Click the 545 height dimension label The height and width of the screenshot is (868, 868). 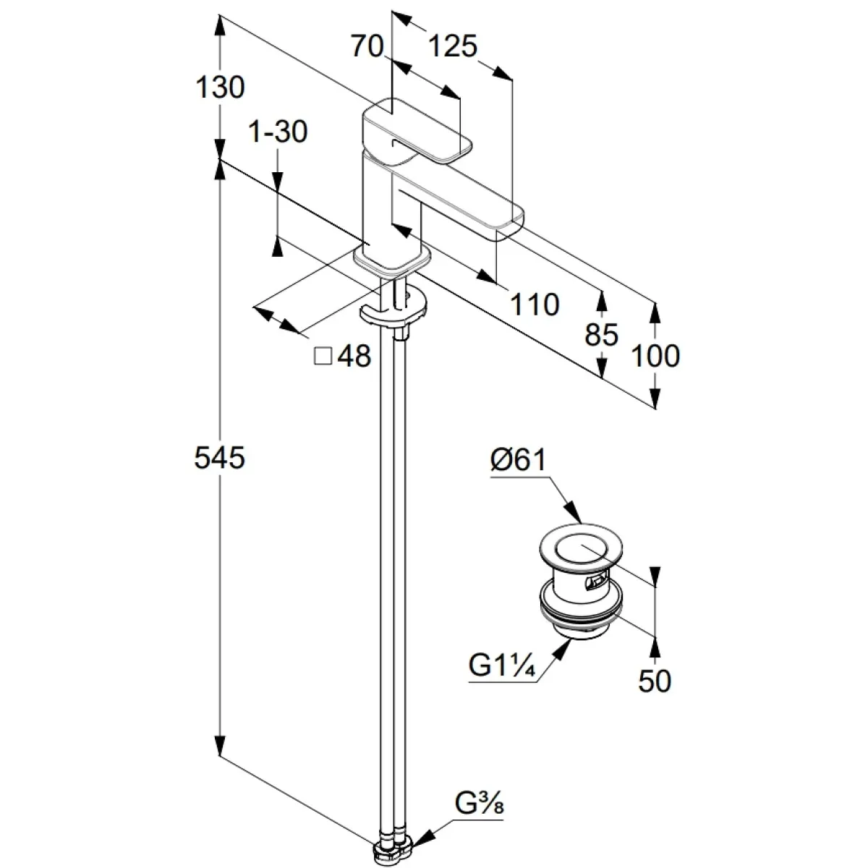pyautogui.click(x=220, y=458)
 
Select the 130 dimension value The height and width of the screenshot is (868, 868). pyautogui.click(x=220, y=88)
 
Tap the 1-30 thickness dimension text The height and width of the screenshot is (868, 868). pyautogui.click(x=278, y=132)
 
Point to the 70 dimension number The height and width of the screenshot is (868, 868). pyautogui.click(x=367, y=48)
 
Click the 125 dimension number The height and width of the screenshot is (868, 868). pyautogui.click(x=454, y=48)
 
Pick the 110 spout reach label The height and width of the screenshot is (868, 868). pyautogui.click(x=535, y=305)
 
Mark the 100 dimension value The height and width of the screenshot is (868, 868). pyautogui.click(x=655, y=356)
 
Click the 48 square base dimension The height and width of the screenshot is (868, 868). pyautogui.click(x=354, y=356)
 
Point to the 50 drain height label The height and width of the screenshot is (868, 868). pyautogui.click(x=655, y=681)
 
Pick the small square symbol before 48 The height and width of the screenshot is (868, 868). pyautogui.click(x=323, y=356)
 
